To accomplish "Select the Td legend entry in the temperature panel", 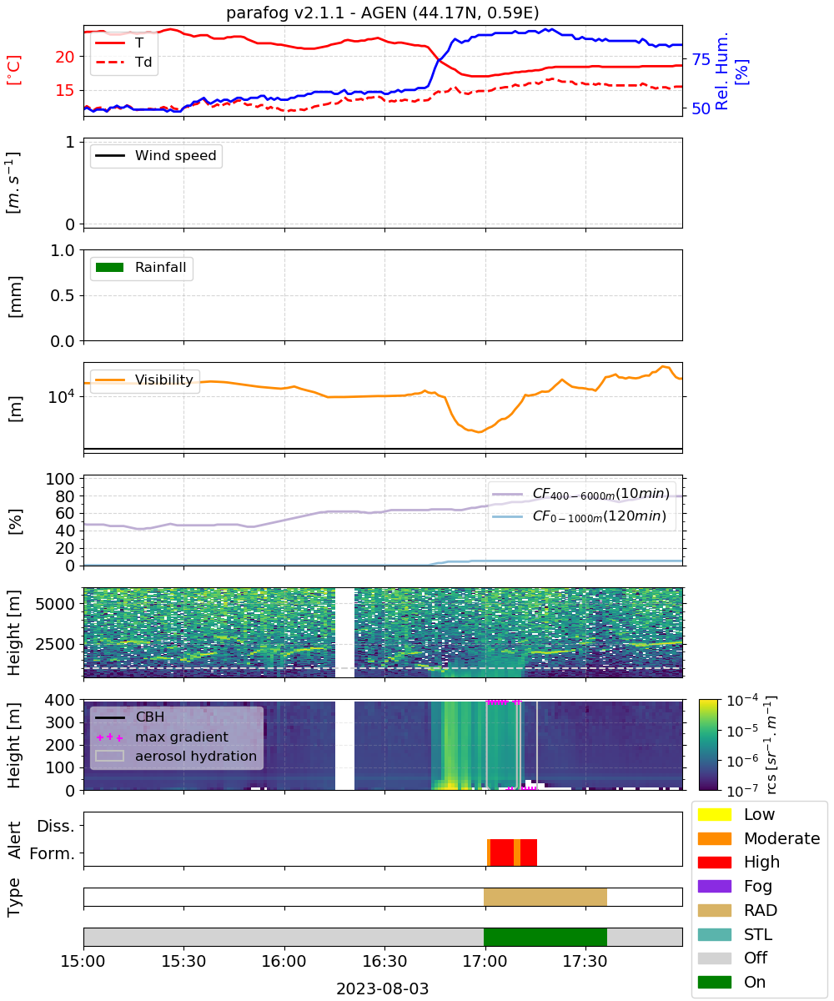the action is (x=123, y=62).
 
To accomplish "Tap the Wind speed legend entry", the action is (x=156, y=155).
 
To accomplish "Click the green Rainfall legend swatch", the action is (x=110, y=267).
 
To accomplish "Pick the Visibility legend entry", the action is (x=144, y=380).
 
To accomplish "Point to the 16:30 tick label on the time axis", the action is (x=384, y=961).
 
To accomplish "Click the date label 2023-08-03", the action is (x=383, y=988).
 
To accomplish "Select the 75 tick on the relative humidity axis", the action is (x=701, y=59).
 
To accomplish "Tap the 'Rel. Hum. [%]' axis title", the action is (x=731, y=71).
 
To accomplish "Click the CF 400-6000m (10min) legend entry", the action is (x=579, y=493).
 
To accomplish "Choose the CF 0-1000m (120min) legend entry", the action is (x=579, y=516).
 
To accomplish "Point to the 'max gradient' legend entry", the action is (x=162, y=737).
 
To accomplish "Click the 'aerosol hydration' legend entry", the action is (x=176, y=756).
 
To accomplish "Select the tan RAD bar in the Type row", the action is (x=545, y=897).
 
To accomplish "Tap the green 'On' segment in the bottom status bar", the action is (x=545, y=937).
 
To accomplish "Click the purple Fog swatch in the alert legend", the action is (x=714, y=886).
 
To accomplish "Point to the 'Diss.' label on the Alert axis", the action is (x=56, y=826).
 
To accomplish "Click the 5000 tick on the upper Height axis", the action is (x=55, y=604).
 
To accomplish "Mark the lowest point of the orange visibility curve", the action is (x=479, y=432).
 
